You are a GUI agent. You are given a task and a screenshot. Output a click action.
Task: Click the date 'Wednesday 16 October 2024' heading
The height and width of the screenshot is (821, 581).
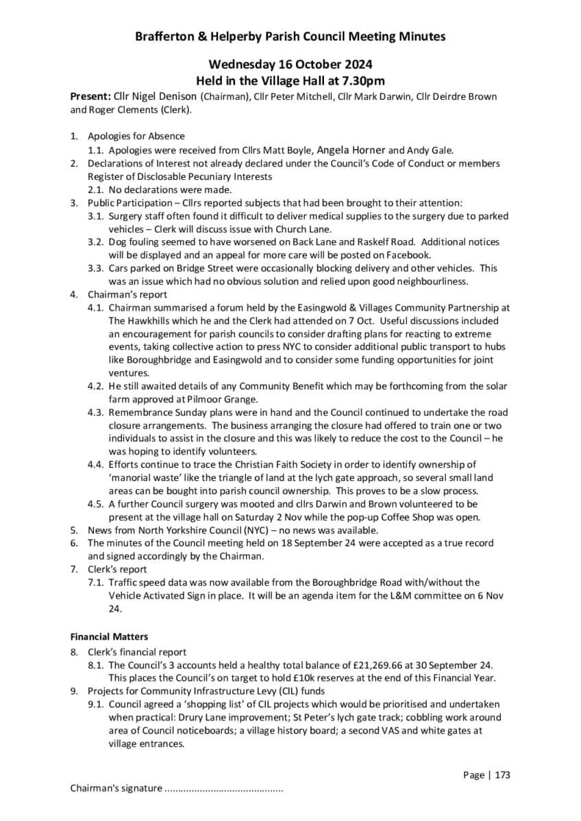click(x=290, y=65)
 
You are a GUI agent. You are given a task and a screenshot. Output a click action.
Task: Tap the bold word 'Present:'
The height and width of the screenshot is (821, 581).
click(x=89, y=96)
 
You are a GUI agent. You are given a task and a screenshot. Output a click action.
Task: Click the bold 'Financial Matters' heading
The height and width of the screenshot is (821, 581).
click(x=109, y=636)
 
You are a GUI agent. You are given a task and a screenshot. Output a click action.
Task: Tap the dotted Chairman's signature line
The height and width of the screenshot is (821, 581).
click(x=224, y=789)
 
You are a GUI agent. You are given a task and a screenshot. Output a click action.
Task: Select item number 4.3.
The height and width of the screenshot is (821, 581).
click(x=95, y=413)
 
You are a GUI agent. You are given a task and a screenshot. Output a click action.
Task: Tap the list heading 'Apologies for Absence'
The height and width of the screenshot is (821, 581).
click(x=136, y=136)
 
